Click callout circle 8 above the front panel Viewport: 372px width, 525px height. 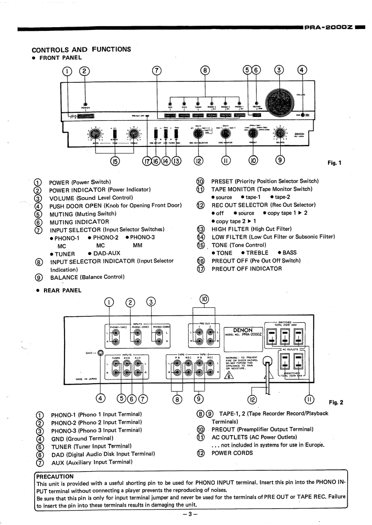pos(204,71)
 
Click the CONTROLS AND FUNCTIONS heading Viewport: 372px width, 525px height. pos(81,49)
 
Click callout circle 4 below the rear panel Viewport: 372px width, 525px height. pos(100,399)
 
